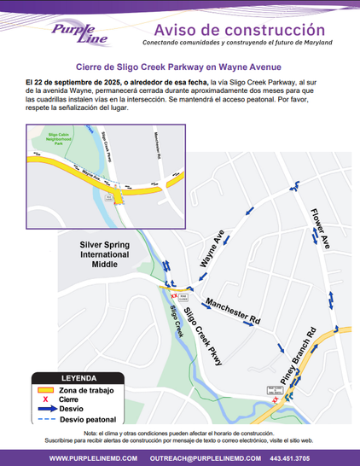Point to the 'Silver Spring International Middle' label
[105, 254]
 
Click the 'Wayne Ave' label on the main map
[211, 249]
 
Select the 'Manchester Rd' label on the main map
[232, 312]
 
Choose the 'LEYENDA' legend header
[78, 377]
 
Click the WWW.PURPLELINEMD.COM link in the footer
[89, 458]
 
